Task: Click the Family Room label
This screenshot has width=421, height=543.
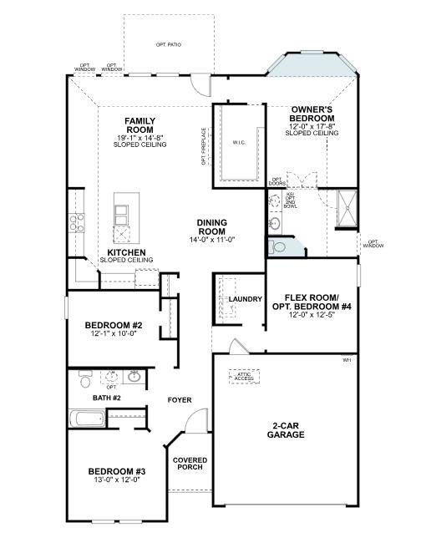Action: click(x=140, y=125)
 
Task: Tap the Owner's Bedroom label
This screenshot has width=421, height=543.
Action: click(x=313, y=114)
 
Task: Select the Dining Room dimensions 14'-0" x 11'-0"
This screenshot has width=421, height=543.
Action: click(x=212, y=240)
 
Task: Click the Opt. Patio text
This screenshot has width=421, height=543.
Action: click(x=169, y=44)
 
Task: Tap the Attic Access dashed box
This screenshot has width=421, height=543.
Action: click(x=245, y=376)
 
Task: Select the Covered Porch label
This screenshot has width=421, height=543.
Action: click(x=190, y=465)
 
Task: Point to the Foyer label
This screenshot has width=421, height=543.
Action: click(x=180, y=400)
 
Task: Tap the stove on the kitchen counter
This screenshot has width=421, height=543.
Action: click(x=77, y=222)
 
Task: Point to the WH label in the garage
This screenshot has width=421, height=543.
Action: click(x=347, y=360)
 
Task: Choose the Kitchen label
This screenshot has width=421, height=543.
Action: click(x=127, y=251)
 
